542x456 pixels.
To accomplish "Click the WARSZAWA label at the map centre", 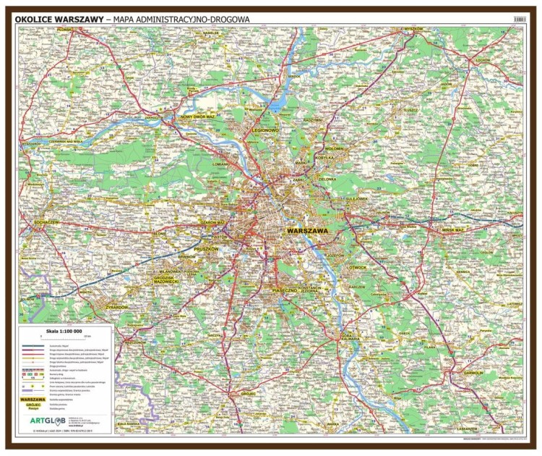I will [307, 229].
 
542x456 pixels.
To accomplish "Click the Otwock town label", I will [357, 267].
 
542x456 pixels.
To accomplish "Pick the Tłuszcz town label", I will [411, 110].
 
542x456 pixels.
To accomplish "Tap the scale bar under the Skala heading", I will [66, 338].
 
